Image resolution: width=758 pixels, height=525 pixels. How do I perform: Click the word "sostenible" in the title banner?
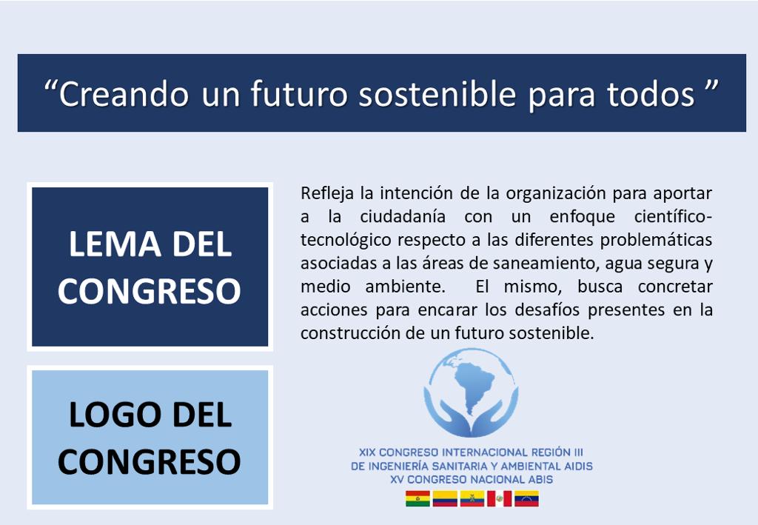click(437, 93)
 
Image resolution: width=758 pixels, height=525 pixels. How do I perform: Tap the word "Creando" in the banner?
click(124, 93)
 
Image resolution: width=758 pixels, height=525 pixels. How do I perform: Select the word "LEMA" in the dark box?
click(115, 244)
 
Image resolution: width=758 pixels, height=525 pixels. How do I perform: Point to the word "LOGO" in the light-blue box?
click(115, 415)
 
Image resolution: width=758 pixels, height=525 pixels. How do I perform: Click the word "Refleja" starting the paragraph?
click(326, 194)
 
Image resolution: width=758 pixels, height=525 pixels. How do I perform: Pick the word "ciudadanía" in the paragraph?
click(403, 216)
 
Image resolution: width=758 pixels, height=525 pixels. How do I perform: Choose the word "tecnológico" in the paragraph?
click(346, 241)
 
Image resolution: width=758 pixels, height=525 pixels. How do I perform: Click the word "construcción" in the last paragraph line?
click(351, 333)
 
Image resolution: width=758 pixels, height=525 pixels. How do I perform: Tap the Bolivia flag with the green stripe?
click(417, 498)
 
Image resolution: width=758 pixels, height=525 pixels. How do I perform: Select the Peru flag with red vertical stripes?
click(500, 498)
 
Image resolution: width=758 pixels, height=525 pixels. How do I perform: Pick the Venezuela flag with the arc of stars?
click(526, 498)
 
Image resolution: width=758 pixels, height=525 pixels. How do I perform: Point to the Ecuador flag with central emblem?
click(472, 498)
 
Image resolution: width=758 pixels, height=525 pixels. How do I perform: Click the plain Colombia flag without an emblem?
click(445, 498)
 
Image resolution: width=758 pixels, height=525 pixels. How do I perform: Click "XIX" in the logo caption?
click(367, 452)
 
